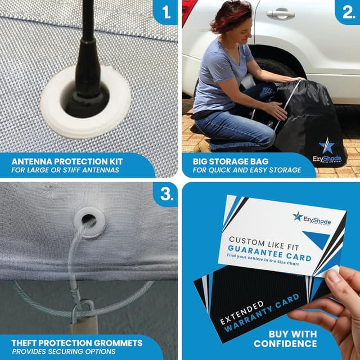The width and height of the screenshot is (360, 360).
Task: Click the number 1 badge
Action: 165,12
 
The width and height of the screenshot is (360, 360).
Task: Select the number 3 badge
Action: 165,194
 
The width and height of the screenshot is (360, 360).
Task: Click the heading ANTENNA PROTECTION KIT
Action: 67,160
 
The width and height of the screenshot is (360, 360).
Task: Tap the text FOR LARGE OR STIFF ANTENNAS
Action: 65,169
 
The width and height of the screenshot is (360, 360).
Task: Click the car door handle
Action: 280,13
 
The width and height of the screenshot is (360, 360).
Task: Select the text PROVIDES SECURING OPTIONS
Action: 63,351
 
